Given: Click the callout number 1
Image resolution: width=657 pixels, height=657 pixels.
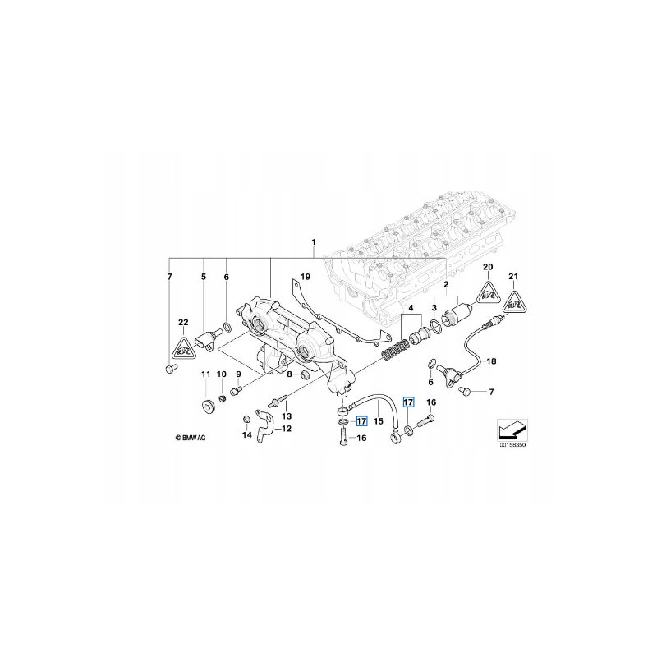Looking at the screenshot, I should click(313, 242).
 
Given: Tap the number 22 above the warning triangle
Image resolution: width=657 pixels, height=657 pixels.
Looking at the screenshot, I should click(182, 321).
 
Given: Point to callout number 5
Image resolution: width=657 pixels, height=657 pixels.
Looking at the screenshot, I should click(204, 277).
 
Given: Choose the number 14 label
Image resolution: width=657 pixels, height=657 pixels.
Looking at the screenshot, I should click(246, 434).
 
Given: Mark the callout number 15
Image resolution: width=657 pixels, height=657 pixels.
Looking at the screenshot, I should click(379, 420).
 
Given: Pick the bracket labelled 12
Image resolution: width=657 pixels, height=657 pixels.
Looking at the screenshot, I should click(263, 428).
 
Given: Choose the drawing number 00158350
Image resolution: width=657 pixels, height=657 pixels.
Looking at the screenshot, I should click(511, 444).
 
